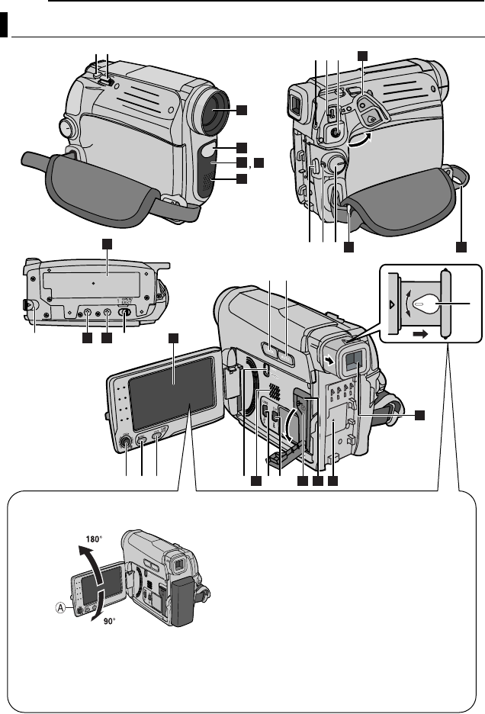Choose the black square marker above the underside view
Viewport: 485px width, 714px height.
pos(107,243)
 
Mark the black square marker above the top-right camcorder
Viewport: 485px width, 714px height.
pos(363,55)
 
